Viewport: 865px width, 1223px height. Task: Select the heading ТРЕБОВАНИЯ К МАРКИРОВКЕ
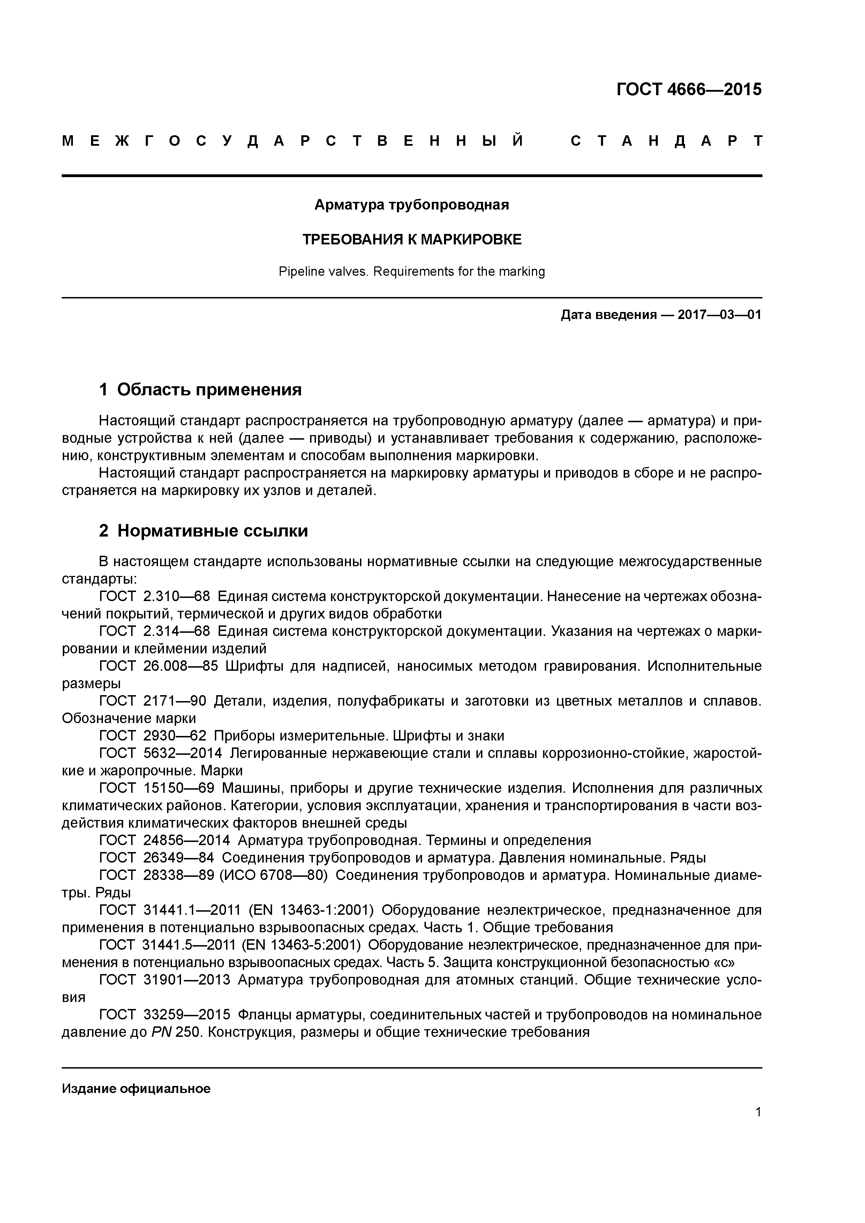[x=412, y=240]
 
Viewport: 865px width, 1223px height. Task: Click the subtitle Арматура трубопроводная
[x=412, y=205]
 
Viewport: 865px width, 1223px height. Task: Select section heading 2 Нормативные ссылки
[x=204, y=531]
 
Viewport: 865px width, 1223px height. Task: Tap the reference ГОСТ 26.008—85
[x=159, y=666]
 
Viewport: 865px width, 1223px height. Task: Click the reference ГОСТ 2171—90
[x=153, y=701]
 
